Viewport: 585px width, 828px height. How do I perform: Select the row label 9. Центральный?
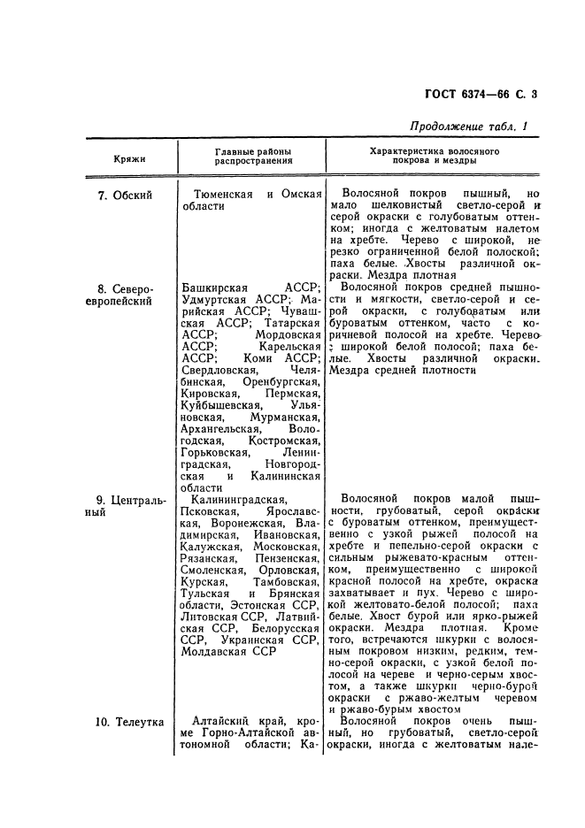[x=130, y=505]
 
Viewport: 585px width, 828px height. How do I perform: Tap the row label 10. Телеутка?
[x=129, y=722]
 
